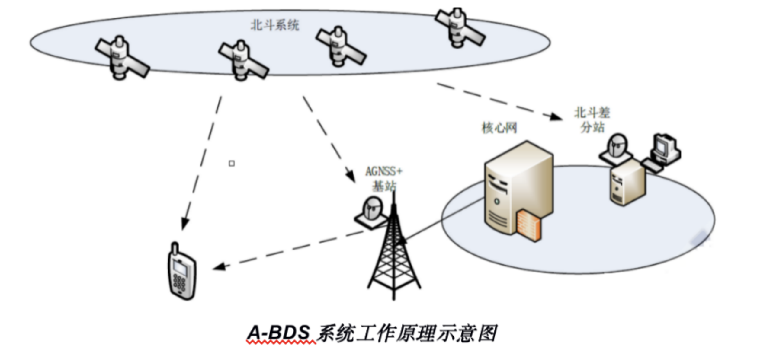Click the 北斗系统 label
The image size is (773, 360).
coord(274,25)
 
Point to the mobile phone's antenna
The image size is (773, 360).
coord(175,248)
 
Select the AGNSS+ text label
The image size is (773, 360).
coord(383,171)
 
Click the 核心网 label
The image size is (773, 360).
coord(499,128)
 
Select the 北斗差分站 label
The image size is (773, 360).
coord(592,120)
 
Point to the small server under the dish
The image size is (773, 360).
coord(627,183)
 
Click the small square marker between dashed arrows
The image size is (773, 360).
coord(232,163)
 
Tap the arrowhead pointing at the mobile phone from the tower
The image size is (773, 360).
coord(219,267)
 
